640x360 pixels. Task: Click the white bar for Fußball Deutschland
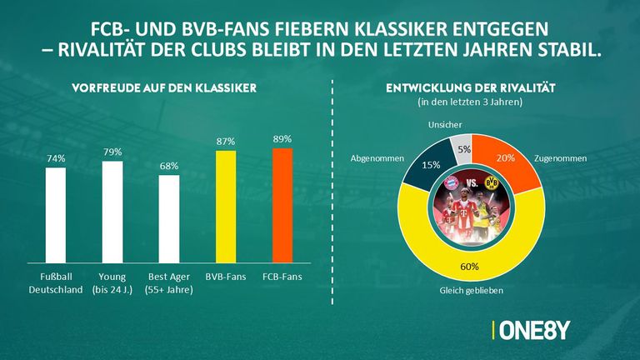point(55,214)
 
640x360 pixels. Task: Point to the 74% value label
point(55,158)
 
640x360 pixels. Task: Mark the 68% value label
point(168,166)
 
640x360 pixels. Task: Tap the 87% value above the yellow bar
point(226,141)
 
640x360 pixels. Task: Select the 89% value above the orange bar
point(282,138)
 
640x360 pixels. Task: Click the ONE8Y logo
point(532,330)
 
